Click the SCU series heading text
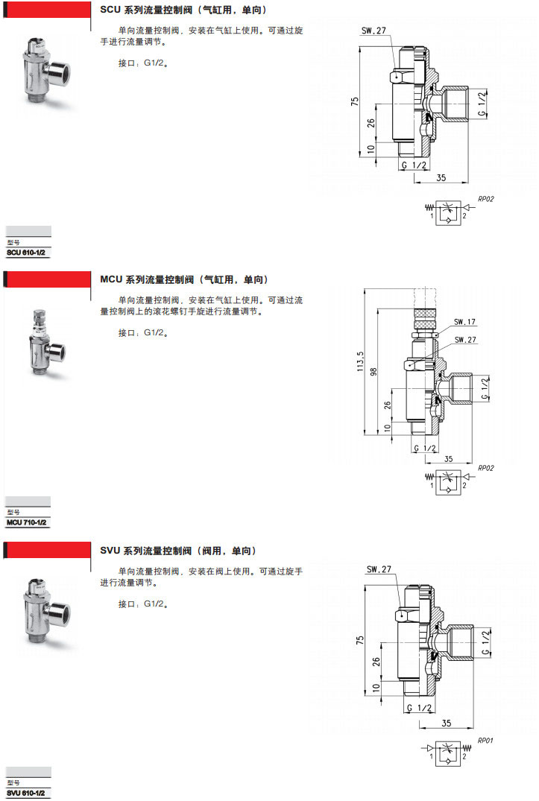point(183,10)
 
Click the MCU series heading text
point(183,279)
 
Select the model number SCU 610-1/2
point(27,253)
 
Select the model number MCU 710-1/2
point(27,523)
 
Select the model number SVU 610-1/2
point(27,794)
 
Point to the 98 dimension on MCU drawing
point(376,370)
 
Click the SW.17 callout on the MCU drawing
point(464,323)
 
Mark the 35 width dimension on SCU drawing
point(441,177)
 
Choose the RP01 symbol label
point(486,740)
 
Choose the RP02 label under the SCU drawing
point(486,199)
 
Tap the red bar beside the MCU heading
point(49,279)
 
